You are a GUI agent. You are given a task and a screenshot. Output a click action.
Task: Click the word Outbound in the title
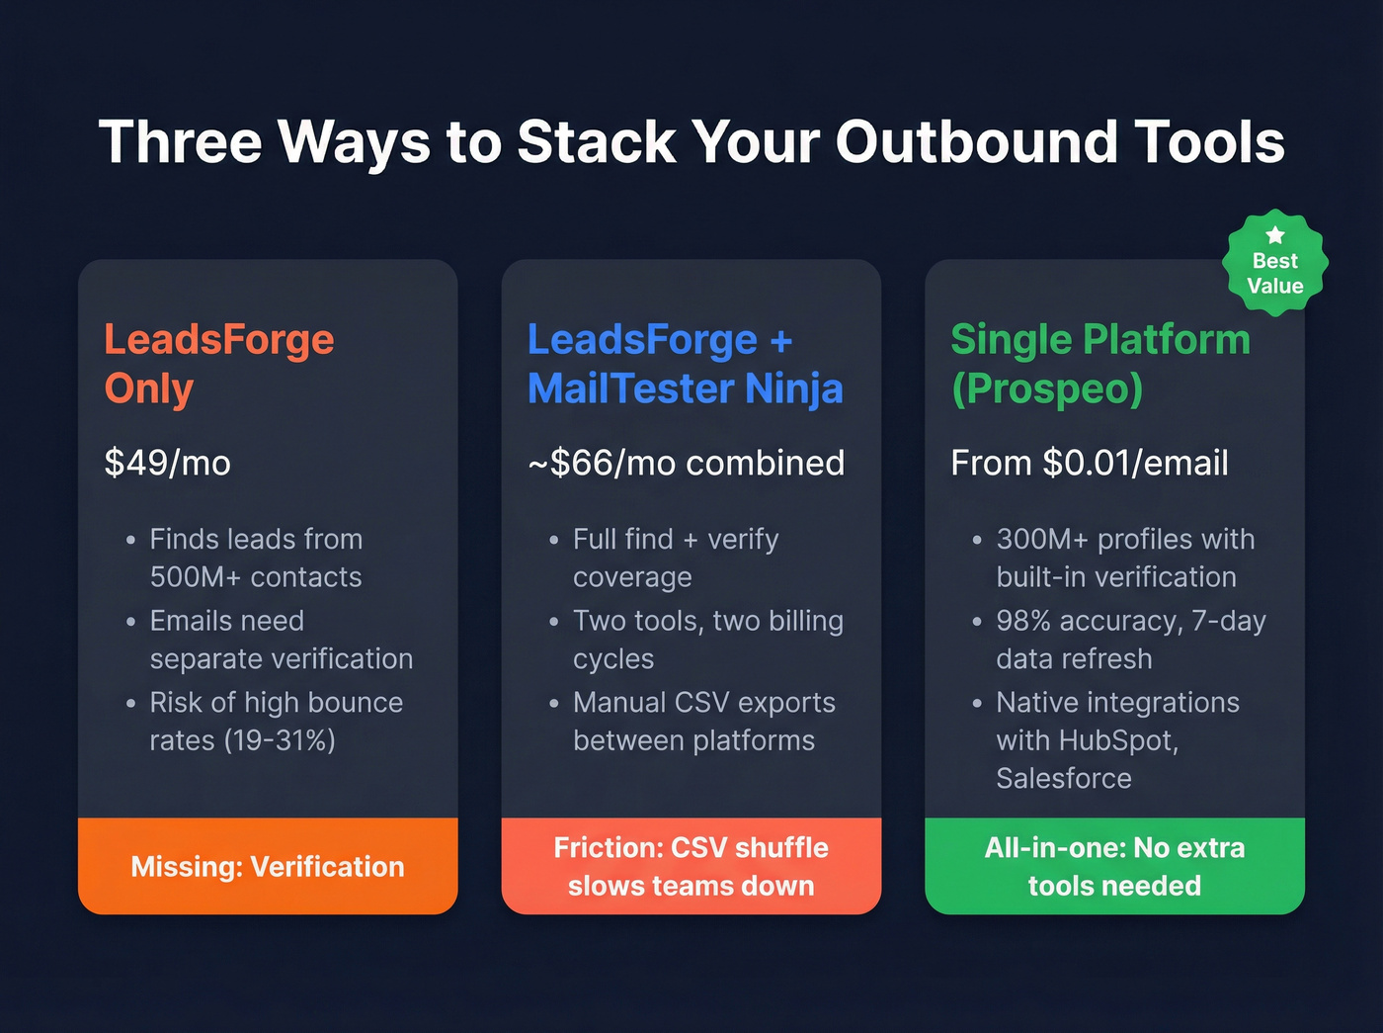976,141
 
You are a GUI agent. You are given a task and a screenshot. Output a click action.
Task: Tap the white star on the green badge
1275,235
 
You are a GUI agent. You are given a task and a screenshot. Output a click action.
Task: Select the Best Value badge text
1275,274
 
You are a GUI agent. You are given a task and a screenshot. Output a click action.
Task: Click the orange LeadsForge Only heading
219,364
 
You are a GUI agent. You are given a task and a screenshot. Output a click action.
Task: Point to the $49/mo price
168,463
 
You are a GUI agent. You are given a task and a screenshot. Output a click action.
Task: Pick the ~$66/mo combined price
687,463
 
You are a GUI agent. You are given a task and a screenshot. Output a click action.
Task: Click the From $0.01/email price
1090,463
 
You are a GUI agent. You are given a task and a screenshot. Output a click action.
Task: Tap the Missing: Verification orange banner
268,866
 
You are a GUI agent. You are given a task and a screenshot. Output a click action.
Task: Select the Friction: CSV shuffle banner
691,866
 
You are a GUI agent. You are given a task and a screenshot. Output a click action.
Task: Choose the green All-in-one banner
1114,866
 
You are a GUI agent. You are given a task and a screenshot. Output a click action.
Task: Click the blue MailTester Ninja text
686,388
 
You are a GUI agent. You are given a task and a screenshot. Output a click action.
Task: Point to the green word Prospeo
1047,388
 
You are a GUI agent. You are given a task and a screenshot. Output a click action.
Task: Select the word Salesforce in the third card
1064,778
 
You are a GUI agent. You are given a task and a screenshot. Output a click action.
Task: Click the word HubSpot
1117,740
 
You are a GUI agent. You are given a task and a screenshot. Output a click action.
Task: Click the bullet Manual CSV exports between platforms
703,722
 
